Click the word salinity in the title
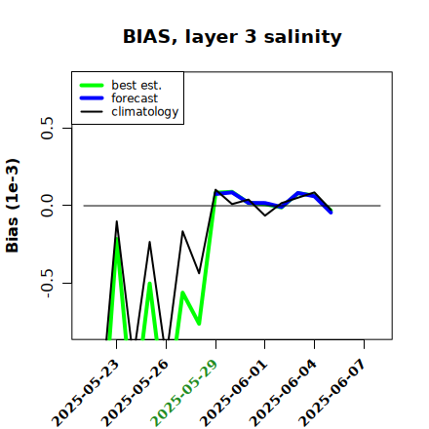coord(302,36)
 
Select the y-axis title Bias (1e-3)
coord(13,206)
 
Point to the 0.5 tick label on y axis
coord(48,128)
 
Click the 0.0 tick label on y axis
coord(48,206)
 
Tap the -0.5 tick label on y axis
coord(48,284)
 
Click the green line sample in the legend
coord(92,85)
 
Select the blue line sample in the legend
coord(92,98)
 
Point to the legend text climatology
coord(145,112)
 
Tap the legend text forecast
coord(135,98)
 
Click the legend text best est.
coord(136,85)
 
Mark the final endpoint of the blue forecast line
coord(331,213)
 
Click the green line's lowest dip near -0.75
coord(199,324)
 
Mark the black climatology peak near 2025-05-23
coord(117,221)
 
